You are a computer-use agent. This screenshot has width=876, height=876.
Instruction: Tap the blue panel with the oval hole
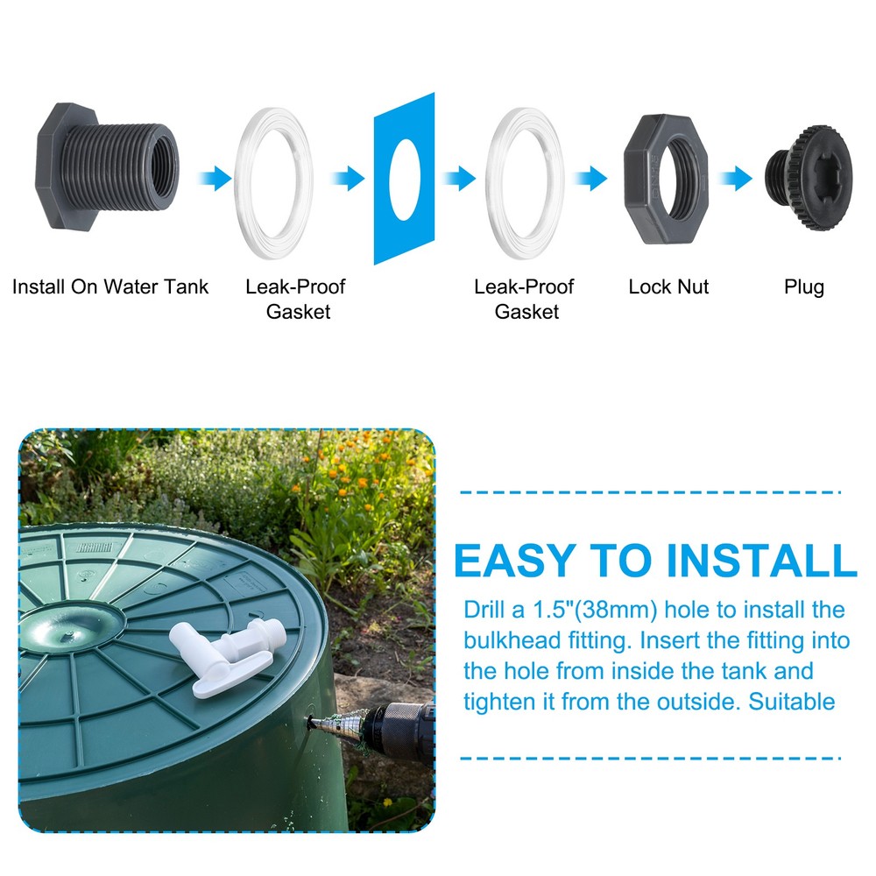point(404,179)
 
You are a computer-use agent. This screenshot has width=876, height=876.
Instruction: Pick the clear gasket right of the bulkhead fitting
point(273,180)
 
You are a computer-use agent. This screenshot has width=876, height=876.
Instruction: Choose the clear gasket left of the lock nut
point(525,180)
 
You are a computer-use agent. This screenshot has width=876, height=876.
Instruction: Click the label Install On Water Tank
point(110,286)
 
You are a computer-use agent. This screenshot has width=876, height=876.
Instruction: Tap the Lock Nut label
point(668,286)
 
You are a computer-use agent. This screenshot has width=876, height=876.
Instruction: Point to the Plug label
point(803,286)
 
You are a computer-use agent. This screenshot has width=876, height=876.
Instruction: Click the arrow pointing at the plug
point(735,179)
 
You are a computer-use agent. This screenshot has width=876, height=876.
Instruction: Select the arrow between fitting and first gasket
point(214,180)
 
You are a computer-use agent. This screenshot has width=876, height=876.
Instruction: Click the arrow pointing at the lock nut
point(590,179)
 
